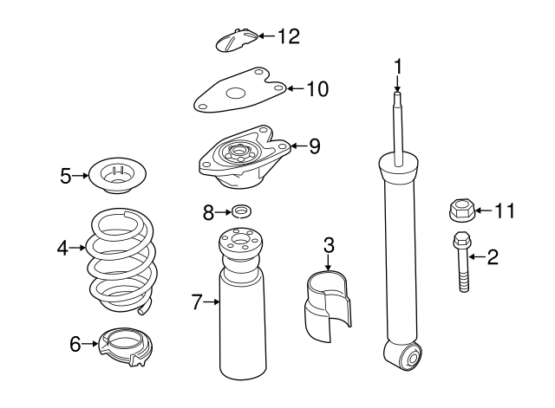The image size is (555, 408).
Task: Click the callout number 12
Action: (289, 36)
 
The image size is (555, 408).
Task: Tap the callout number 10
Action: (317, 88)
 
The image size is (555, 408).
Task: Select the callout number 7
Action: (197, 302)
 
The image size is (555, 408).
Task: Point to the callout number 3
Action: (329, 245)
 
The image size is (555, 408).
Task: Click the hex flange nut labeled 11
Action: (460, 210)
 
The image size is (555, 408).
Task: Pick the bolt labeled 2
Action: (462, 262)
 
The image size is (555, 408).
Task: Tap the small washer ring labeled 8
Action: (241, 211)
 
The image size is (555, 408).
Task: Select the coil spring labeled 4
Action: (122, 262)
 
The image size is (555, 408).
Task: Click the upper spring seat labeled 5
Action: (117, 176)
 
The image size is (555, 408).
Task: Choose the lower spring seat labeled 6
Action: (126, 346)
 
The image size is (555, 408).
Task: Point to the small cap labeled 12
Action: (236, 40)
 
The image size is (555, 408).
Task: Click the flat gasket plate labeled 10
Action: (239, 90)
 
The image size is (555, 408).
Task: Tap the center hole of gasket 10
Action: (236, 94)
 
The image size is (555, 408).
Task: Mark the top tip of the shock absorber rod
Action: (397, 93)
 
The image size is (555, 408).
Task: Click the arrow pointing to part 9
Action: (298, 146)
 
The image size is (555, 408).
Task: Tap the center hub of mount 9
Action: (237, 152)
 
